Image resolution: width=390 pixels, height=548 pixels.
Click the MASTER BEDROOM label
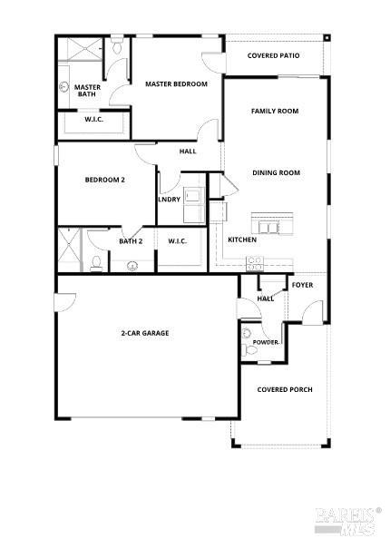pyautogui.click(x=177, y=84)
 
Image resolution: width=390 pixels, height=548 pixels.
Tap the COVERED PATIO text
pyautogui.click(x=275, y=54)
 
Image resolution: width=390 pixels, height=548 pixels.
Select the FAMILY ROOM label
pyautogui.click(x=275, y=111)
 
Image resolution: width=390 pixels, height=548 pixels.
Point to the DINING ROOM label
pyautogui.click(x=276, y=172)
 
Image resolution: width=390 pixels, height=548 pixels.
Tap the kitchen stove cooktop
pyautogui.click(x=255, y=264)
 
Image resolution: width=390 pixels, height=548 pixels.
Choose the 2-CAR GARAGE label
pyautogui.click(x=145, y=333)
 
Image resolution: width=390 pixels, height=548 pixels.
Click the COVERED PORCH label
pyautogui.click(x=285, y=389)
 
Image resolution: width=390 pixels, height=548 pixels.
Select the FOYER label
pyautogui.click(x=302, y=285)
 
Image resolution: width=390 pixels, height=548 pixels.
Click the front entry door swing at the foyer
pyautogui.click(x=310, y=313)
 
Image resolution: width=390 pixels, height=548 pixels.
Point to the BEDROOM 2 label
pyautogui.click(x=105, y=180)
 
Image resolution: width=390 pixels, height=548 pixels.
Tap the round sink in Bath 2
pyautogui.click(x=132, y=266)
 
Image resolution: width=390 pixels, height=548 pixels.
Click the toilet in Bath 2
pyautogui.click(x=97, y=264)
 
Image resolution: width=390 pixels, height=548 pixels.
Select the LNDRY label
pyautogui.click(x=169, y=200)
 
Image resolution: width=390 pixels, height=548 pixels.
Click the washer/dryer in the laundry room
pyautogui.click(x=193, y=204)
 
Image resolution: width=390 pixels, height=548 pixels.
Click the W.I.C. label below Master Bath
pyautogui.click(x=93, y=118)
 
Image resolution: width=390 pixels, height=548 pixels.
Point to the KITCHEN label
pyautogui.click(x=241, y=240)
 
